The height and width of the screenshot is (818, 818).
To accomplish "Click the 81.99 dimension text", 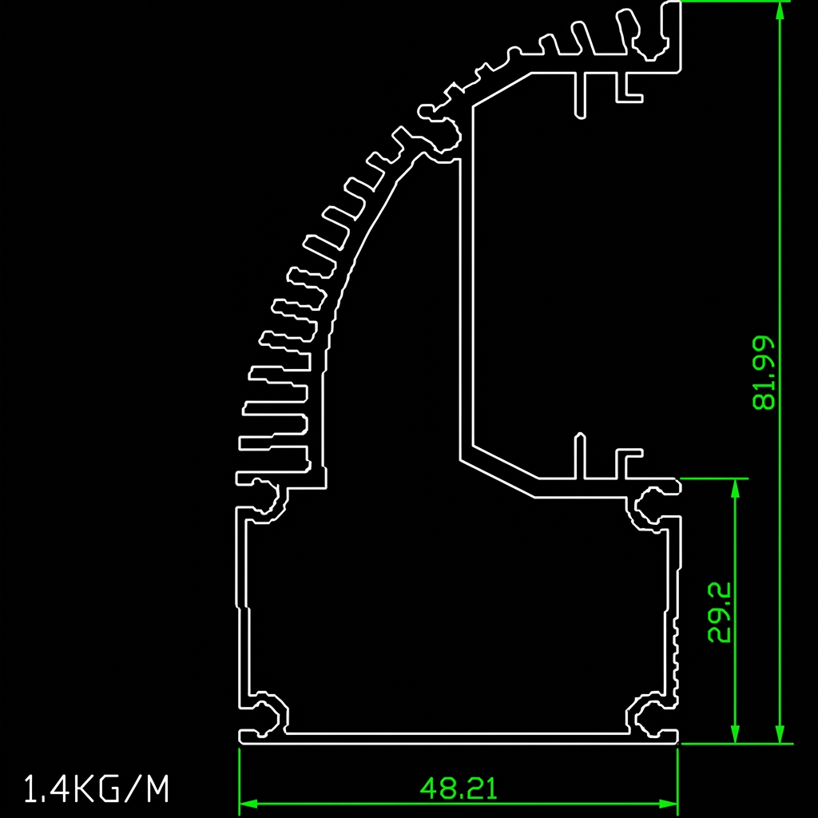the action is (x=764, y=372).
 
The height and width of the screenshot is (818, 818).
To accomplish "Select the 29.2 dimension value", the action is (x=719, y=612).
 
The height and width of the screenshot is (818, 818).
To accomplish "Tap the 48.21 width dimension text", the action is (x=459, y=788).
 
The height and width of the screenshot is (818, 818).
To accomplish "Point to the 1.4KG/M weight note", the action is (x=97, y=788).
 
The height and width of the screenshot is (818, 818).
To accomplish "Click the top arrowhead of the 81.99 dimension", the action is (x=780, y=10).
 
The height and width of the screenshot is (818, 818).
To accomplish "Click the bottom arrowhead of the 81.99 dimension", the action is (x=780, y=734).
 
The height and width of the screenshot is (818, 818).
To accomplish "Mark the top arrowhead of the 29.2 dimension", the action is (x=735, y=488).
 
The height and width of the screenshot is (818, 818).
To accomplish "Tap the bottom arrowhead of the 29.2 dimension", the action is (x=735, y=734).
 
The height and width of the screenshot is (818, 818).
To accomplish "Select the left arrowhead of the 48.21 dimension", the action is (x=249, y=804).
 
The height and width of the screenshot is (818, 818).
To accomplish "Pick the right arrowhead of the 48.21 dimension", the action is (x=669, y=804).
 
